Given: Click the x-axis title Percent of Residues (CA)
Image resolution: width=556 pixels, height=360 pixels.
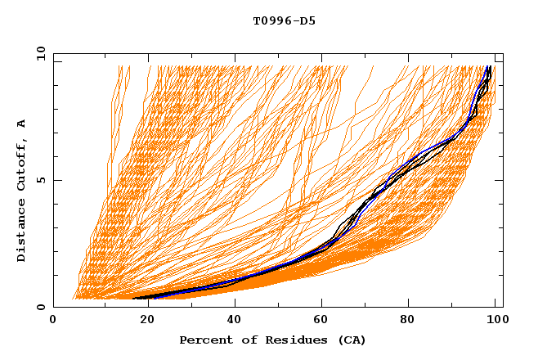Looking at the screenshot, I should [x=272, y=340].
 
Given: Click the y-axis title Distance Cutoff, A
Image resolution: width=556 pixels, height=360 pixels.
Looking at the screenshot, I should [x=22, y=191].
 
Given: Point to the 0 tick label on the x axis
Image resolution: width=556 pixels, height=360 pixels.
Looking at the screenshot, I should [x=53, y=321].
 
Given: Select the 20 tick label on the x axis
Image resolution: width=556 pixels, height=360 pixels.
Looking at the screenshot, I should [x=142, y=321].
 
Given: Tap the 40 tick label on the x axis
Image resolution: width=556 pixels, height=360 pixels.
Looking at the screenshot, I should [x=231, y=321].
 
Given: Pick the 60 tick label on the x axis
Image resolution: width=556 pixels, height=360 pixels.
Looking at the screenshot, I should [x=321, y=321].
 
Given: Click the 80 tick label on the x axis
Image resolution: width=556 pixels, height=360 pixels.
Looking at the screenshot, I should [x=410, y=321].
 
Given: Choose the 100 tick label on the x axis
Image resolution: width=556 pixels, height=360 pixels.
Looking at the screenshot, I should [x=495, y=321].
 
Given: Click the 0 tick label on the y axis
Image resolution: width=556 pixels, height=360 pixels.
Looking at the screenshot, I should [x=41, y=308].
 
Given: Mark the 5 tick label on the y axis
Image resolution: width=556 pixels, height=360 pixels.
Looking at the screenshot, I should [x=41, y=180].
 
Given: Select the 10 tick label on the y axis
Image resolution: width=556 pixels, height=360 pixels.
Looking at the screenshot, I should [x=38, y=53].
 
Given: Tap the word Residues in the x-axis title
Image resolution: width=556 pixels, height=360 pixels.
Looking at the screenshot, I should [x=289, y=340].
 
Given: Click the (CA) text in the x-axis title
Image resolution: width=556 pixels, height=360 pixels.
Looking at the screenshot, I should [x=350, y=340].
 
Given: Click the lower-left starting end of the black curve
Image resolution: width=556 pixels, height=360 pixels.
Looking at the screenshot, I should [x=134, y=298].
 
